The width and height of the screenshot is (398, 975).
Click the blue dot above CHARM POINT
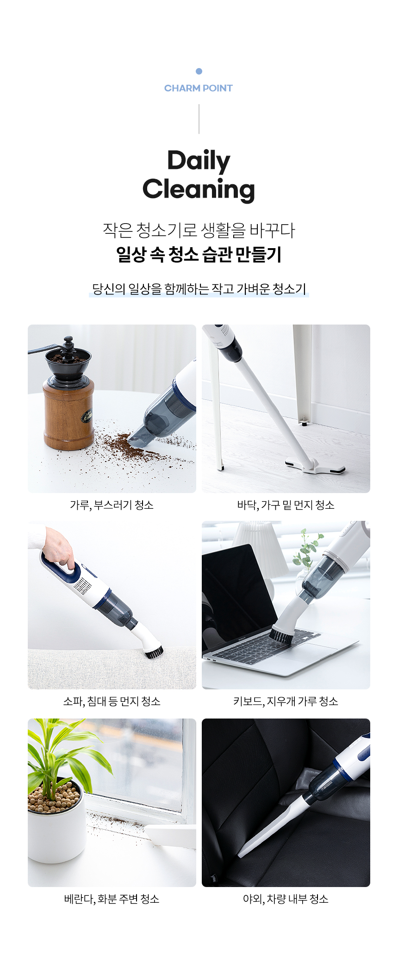(x=199, y=71)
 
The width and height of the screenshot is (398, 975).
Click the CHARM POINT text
(x=199, y=88)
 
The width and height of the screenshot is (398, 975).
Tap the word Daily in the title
(x=199, y=161)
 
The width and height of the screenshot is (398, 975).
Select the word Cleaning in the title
(x=199, y=189)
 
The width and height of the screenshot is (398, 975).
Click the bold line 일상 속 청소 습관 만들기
(x=199, y=254)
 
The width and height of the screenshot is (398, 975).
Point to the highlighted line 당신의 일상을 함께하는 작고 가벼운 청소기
(x=199, y=289)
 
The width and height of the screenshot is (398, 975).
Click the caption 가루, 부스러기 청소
(x=112, y=505)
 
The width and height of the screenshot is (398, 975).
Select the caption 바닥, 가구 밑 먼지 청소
(x=286, y=505)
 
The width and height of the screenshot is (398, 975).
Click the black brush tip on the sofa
(x=154, y=652)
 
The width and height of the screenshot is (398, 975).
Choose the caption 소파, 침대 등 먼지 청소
(x=112, y=701)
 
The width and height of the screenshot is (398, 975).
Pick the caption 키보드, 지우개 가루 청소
(x=286, y=701)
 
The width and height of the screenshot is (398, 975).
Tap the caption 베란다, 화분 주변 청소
(x=112, y=899)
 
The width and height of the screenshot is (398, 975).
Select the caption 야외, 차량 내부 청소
(x=286, y=899)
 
